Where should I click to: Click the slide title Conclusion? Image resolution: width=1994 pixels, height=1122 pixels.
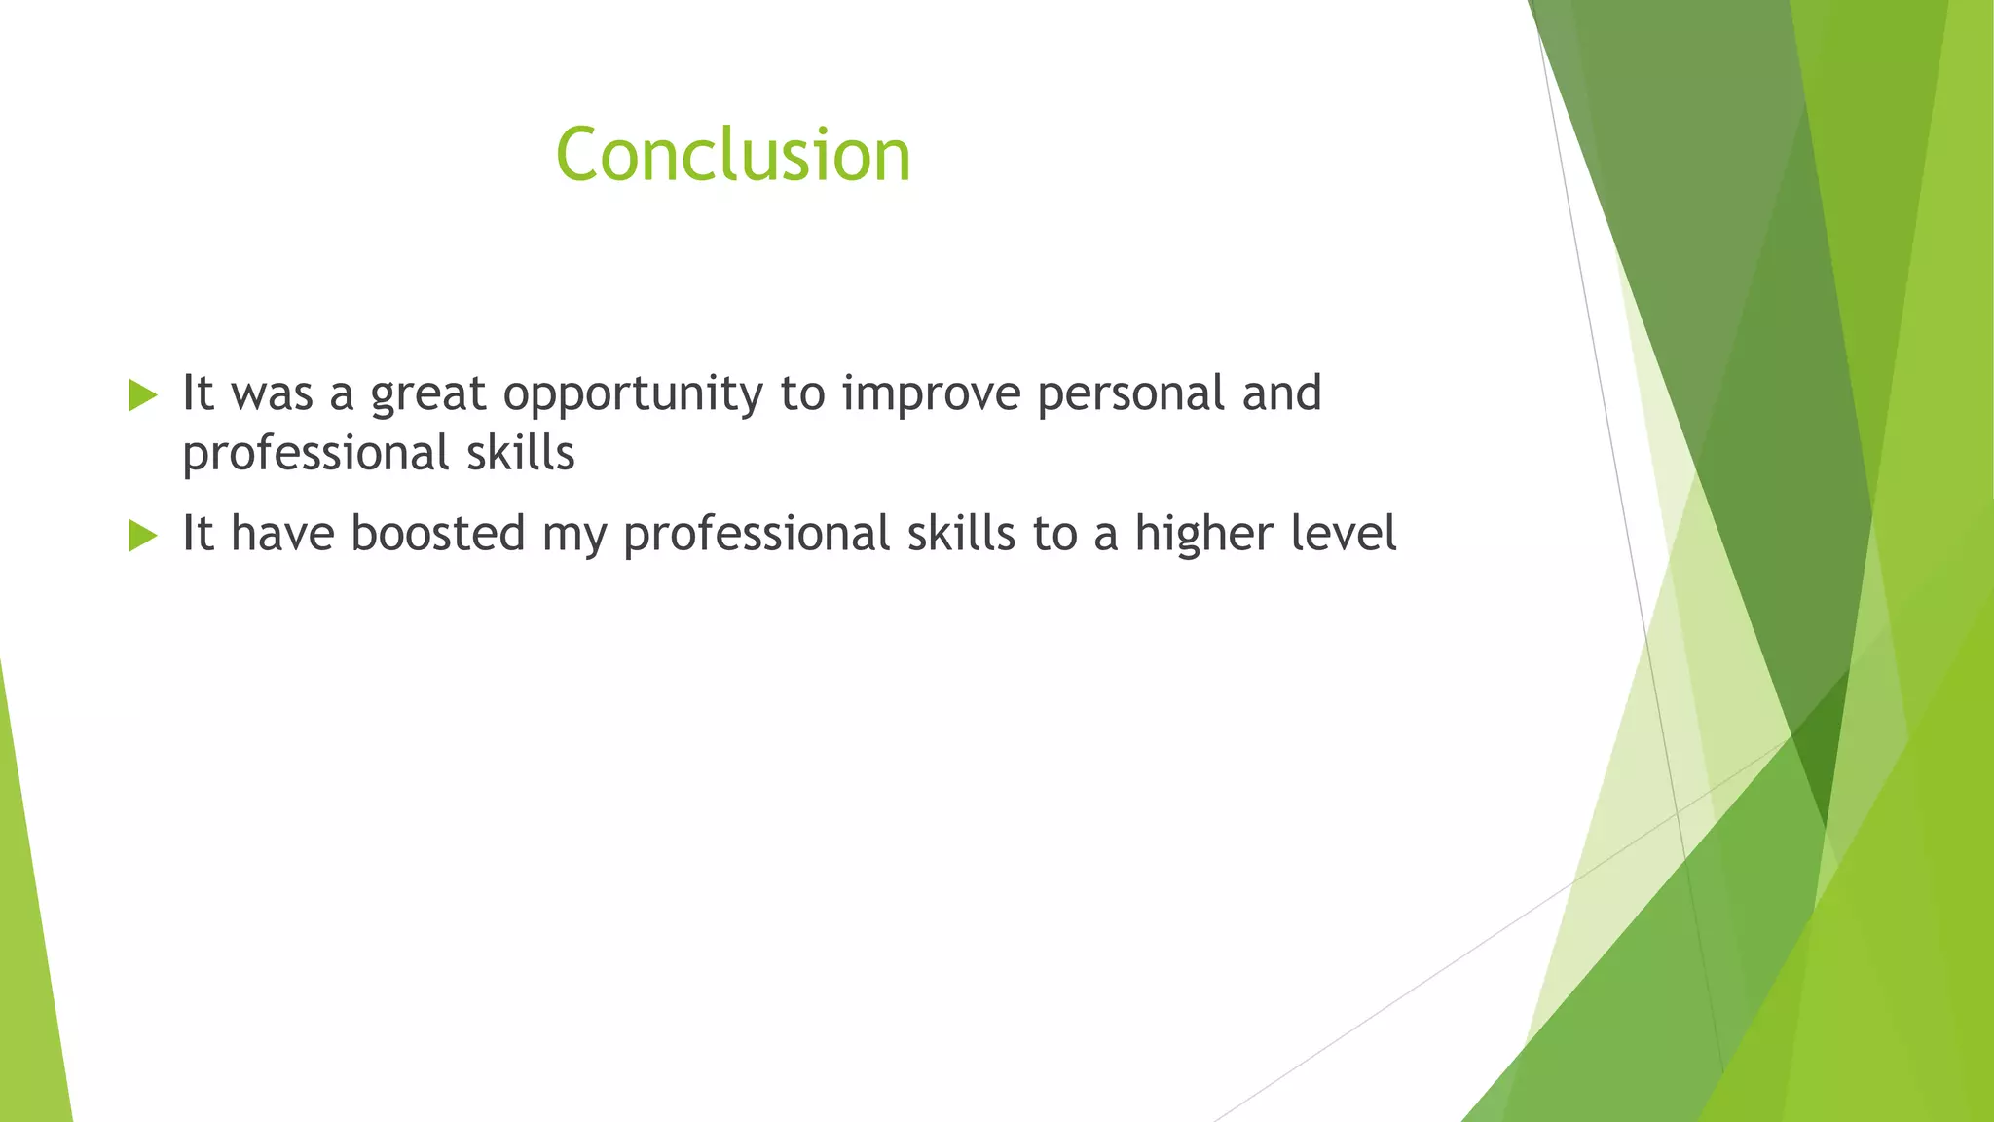click(733, 155)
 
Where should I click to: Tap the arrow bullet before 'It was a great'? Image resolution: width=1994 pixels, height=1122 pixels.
click(142, 395)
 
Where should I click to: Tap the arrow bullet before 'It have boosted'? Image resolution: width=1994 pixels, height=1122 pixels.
click(142, 536)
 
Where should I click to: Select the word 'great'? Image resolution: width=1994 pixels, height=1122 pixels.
click(427, 394)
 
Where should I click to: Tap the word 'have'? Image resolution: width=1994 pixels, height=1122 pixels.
click(282, 534)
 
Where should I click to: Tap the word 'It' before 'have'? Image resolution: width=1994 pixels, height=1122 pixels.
click(198, 533)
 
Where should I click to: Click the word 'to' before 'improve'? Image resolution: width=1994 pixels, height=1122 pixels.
click(802, 394)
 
